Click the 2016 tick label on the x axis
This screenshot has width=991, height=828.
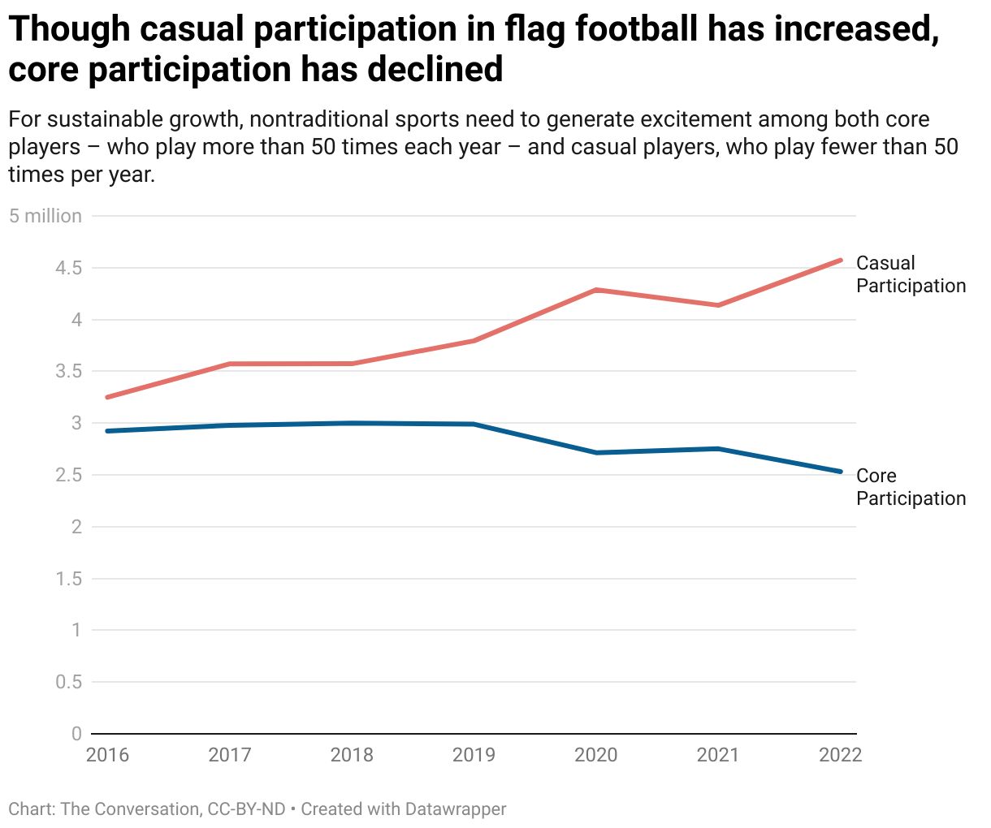click(107, 755)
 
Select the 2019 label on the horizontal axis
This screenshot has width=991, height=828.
click(474, 755)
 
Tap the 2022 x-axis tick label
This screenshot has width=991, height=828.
click(840, 755)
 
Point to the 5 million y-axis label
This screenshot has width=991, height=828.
click(45, 216)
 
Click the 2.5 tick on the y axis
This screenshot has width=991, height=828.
click(69, 475)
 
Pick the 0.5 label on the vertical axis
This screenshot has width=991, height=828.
click(69, 682)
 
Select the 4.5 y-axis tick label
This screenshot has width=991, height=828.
click(69, 268)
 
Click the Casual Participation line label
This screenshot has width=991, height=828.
click(911, 274)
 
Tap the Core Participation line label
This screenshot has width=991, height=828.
click(911, 487)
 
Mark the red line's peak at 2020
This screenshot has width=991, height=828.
click(596, 290)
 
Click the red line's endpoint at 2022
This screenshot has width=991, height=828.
click(840, 261)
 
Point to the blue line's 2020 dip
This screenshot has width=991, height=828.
click(596, 452)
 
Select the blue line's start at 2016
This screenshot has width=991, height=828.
click(107, 431)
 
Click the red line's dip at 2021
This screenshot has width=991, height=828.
click(718, 305)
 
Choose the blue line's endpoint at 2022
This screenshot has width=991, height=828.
click(840, 472)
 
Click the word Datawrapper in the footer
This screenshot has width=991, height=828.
click(456, 809)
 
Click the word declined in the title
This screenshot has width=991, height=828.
click(435, 70)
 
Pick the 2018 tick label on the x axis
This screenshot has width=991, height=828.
click(352, 755)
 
